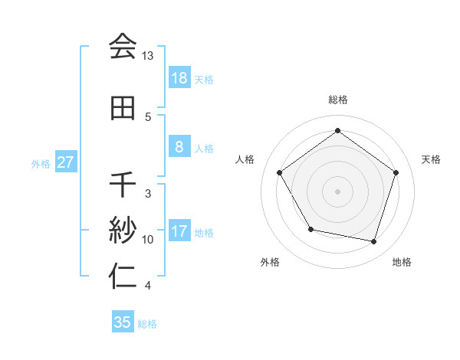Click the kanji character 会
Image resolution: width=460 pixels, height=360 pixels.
(x=123, y=47)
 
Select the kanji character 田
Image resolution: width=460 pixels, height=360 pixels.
(x=123, y=108)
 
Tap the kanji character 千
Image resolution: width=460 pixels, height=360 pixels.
(x=123, y=185)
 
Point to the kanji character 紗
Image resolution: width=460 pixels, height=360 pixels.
(x=123, y=230)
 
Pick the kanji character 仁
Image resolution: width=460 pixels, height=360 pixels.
(x=123, y=277)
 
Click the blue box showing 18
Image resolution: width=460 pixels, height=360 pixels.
(x=179, y=78)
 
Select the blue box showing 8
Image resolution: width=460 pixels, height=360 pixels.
(x=179, y=147)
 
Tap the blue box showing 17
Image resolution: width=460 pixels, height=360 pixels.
(x=179, y=231)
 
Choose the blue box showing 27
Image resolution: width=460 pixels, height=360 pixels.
(x=66, y=162)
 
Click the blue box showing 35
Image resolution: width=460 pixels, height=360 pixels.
(x=123, y=322)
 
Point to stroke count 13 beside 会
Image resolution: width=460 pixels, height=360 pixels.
(x=148, y=56)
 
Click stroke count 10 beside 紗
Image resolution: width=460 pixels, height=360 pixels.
(x=148, y=240)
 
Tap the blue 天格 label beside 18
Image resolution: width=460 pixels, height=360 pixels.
(x=204, y=79)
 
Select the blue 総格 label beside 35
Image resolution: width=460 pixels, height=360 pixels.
(x=148, y=324)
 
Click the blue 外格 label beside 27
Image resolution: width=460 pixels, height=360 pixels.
(x=41, y=163)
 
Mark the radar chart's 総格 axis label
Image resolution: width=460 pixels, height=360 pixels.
(x=338, y=100)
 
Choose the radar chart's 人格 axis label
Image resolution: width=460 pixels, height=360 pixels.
(x=245, y=159)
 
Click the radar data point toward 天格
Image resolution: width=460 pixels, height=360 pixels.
(x=396, y=172)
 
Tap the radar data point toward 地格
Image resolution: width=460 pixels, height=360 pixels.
(x=373, y=241)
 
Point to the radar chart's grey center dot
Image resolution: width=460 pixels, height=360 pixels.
(x=338, y=191)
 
